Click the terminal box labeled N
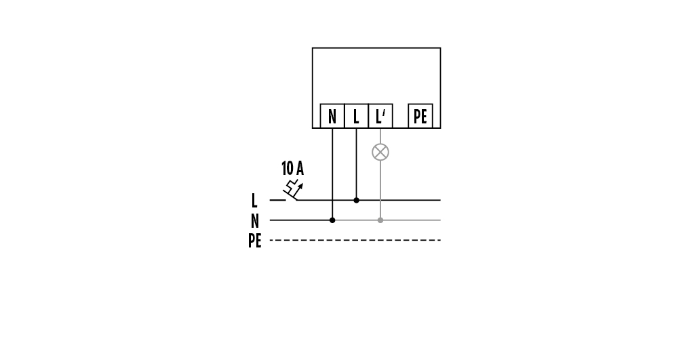pyautogui.click(x=332, y=116)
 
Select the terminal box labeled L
pyautogui.click(x=356, y=116)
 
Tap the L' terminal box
pyautogui.click(x=380, y=116)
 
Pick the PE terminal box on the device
pyautogui.click(x=420, y=116)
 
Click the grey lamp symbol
pyautogui.click(x=380, y=152)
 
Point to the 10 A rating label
pyautogui.click(x=292, y=169)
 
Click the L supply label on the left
pyautogui.click(x=254, y=201)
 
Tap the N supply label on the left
pyautogui.click(x=254, y=221)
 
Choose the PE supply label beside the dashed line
pyautogui.click(x=254, y=241)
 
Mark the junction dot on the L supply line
pyautogui.click(x=356, y=200)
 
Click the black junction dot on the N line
pyautogui.click(x=332, y=220)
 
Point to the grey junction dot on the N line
pyautogui.click(x=380, y=220)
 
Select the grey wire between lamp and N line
pyautogui.click(x=380, y=190)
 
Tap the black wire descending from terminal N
pyautogui.click(x=332, y=169)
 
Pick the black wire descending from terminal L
pyautogui.click(x=356, y=163)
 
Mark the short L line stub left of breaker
pyautogui.click(x=277, y=200)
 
